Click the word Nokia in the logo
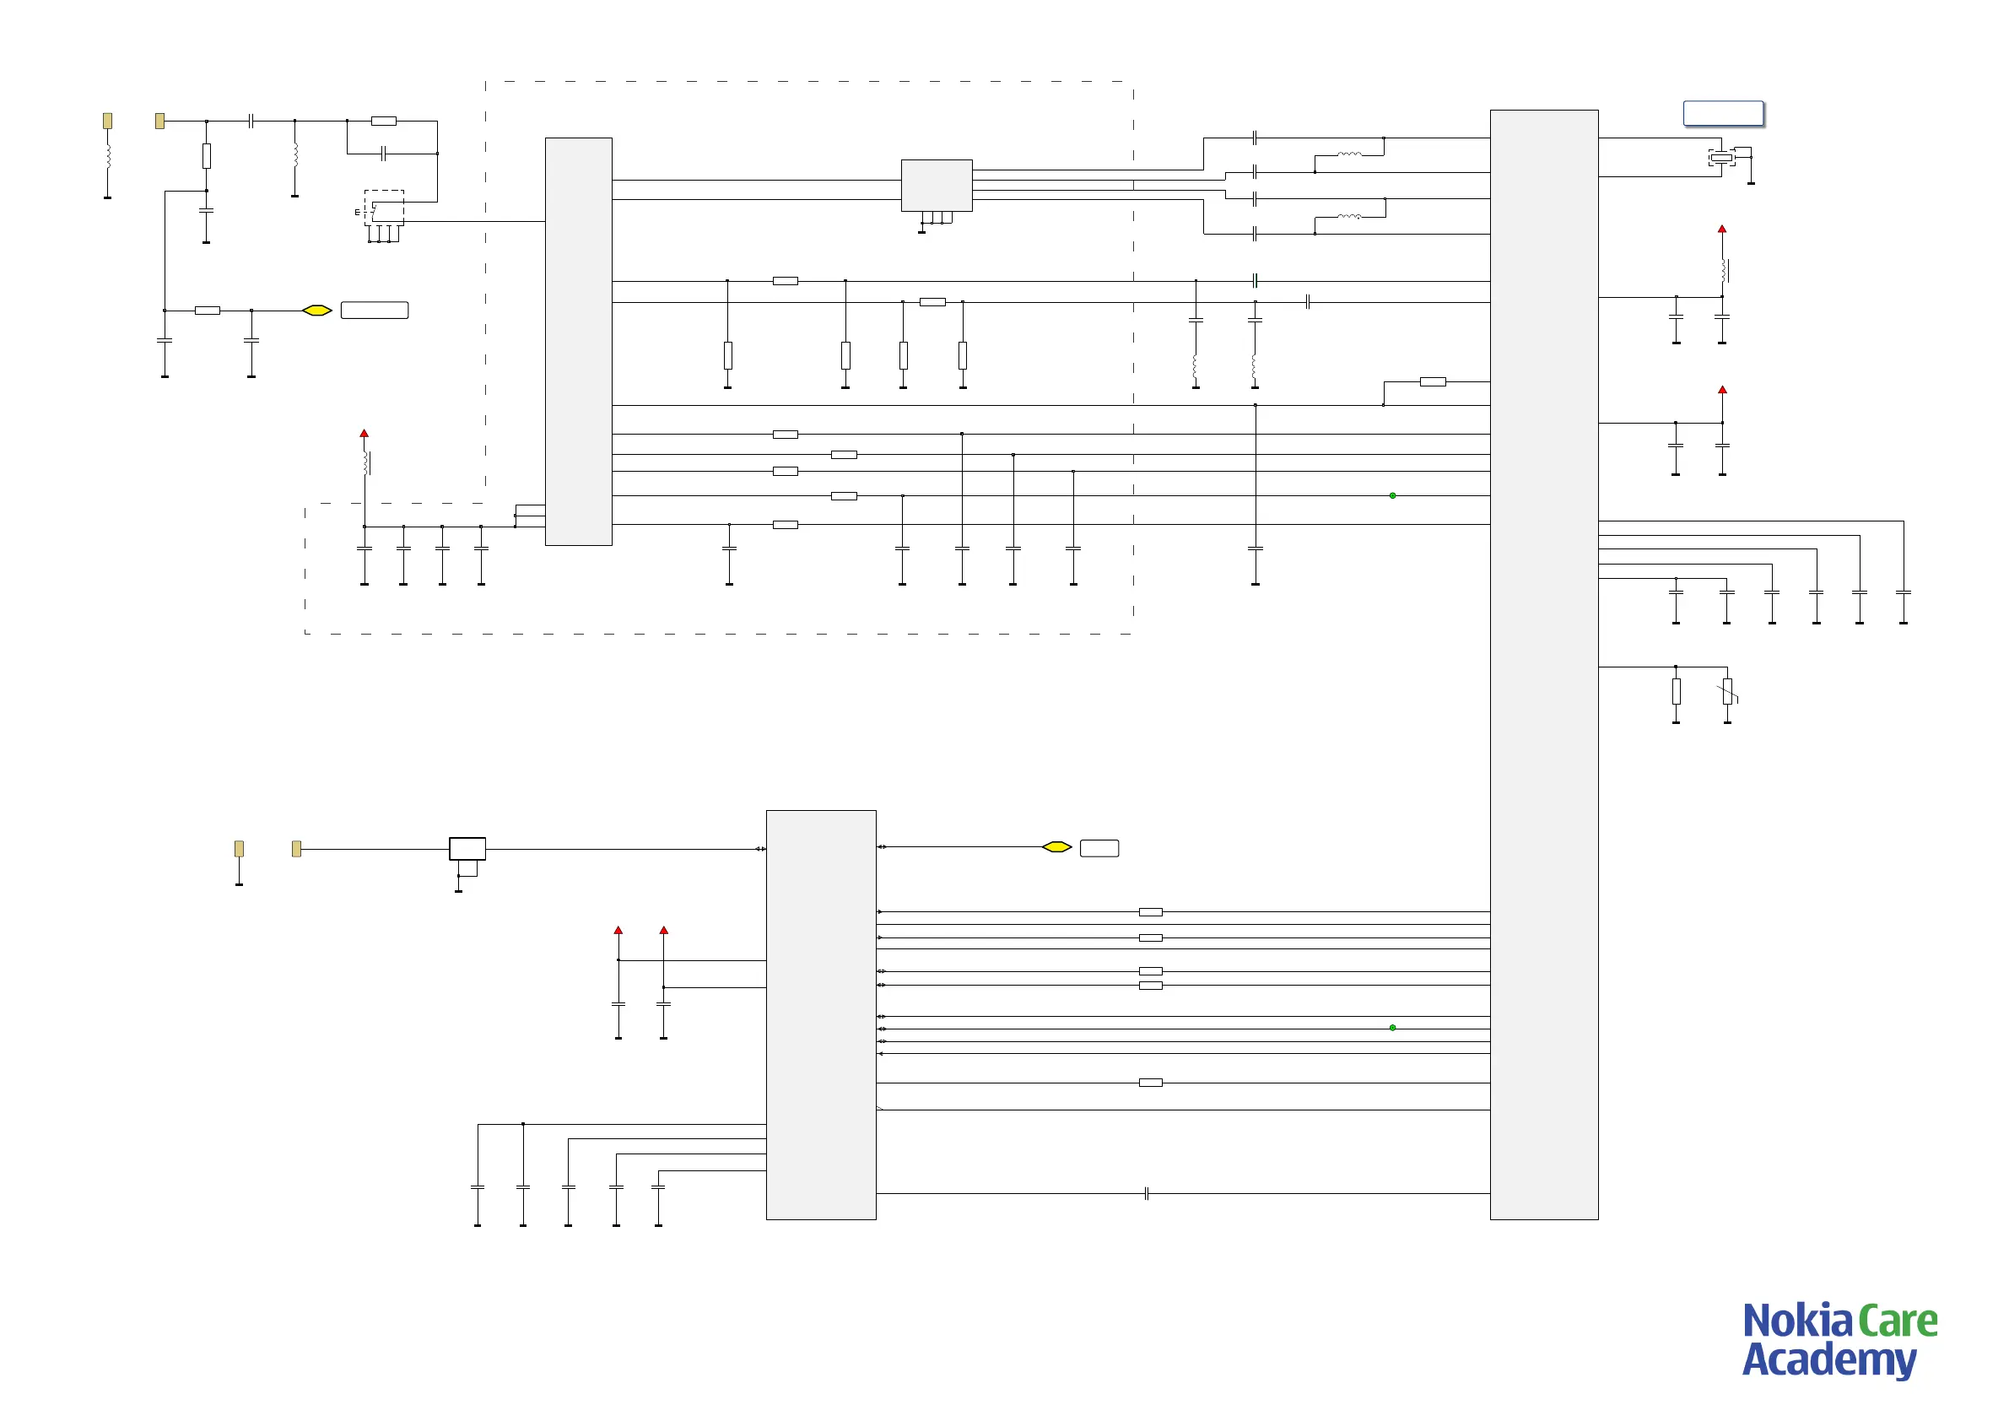pos(1797,1322)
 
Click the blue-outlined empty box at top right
pos(1723,114)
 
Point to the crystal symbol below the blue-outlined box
pos(1721,158)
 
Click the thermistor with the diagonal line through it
pos(1727,692)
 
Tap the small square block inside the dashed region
pos(937,185)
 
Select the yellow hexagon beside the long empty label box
pos(316,311)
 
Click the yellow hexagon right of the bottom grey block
pos(1057,847)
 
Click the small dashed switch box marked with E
pos(383,208)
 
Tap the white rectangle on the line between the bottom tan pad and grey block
pos(467,849)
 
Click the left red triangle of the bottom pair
pos(618,930)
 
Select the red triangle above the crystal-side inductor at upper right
pos(1722,230)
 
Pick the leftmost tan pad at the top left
pos(108,121)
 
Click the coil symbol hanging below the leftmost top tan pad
pos(108,156)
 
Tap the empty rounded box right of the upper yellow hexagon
pos(375,311)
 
